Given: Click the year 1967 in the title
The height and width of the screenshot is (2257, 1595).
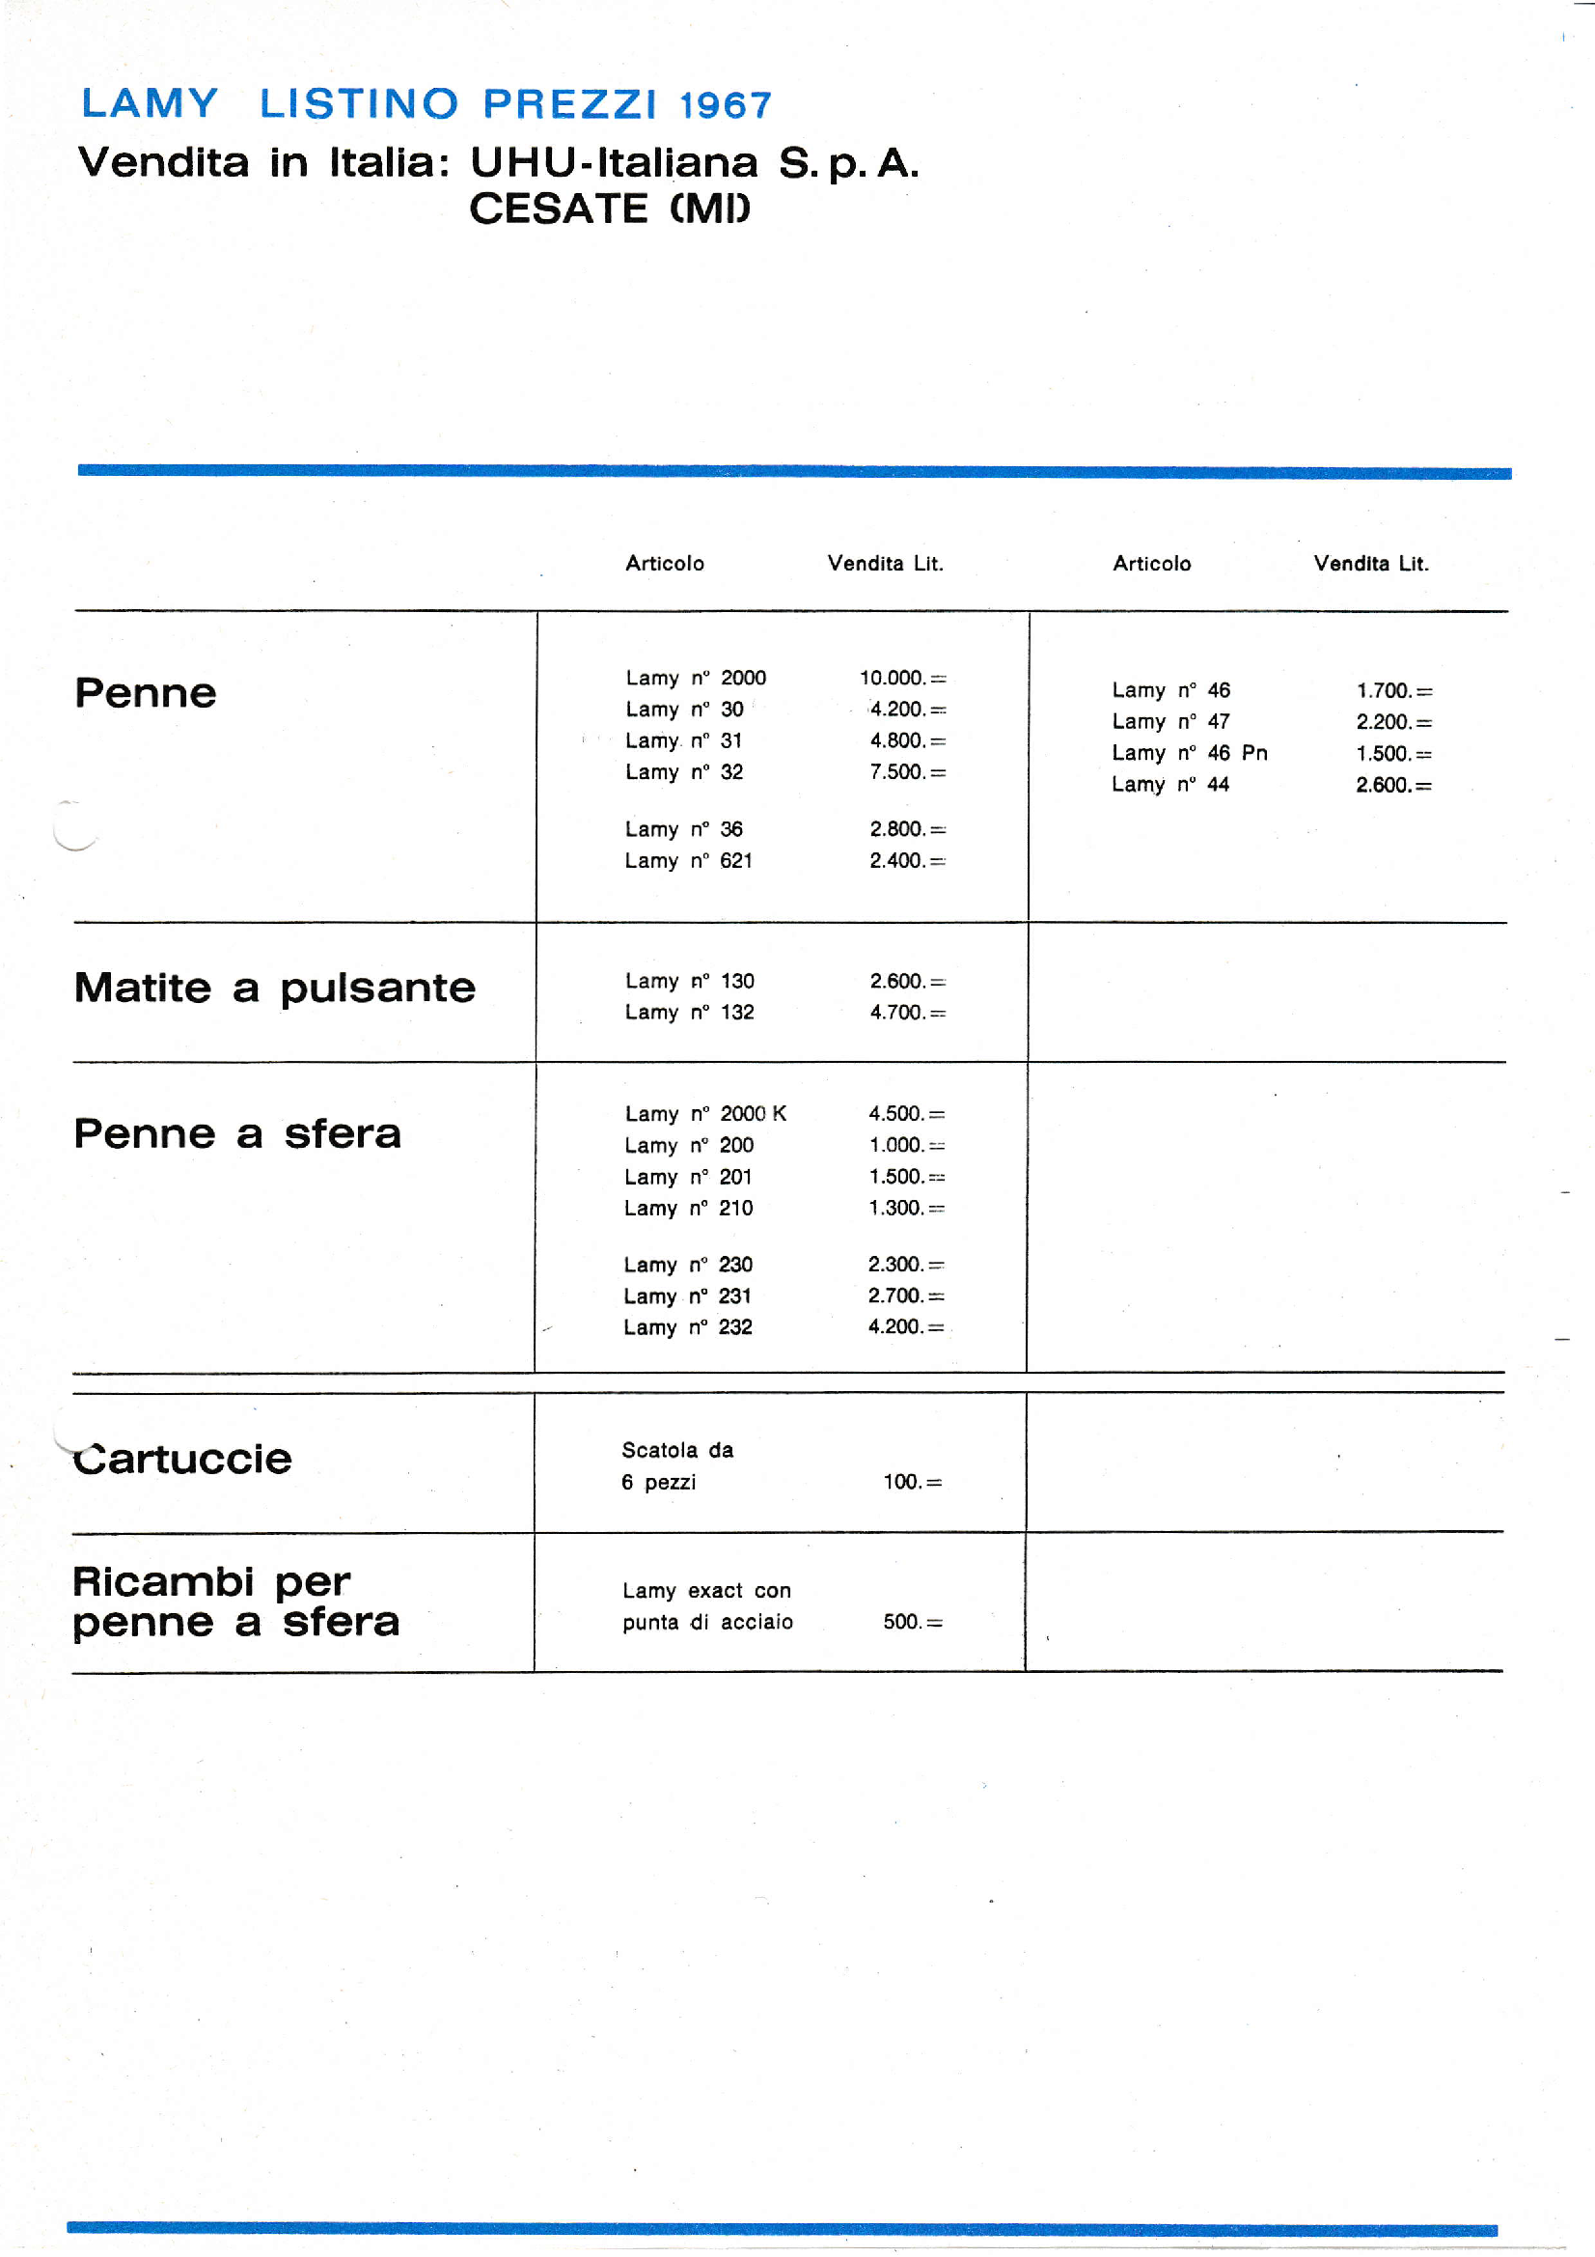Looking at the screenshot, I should coord(726,105).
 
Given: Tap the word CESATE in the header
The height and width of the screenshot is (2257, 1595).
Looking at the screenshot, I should coord(558,209).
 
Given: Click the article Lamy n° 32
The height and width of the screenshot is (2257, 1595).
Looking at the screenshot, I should coord(684,772).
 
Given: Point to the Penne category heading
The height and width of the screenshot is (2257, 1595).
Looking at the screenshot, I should coord(146,693).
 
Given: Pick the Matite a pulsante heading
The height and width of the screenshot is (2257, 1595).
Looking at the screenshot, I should coord(274,988).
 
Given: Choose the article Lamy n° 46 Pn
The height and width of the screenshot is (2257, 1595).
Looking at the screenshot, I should coord(1189,753).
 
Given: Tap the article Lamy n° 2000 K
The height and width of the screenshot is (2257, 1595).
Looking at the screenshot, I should coord(704,1114).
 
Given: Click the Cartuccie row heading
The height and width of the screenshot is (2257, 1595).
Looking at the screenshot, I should coord(182,1459).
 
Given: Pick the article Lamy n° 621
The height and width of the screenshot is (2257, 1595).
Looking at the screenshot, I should coord(688,861).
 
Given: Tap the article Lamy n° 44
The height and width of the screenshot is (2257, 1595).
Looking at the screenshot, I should coord(1169,785).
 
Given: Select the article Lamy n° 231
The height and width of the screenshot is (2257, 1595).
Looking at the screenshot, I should coord(687,1296).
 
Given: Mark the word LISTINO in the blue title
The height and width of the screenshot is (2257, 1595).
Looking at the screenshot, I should coord(359,104).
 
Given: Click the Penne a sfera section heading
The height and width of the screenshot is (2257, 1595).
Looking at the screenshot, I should coord(237,1134).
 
